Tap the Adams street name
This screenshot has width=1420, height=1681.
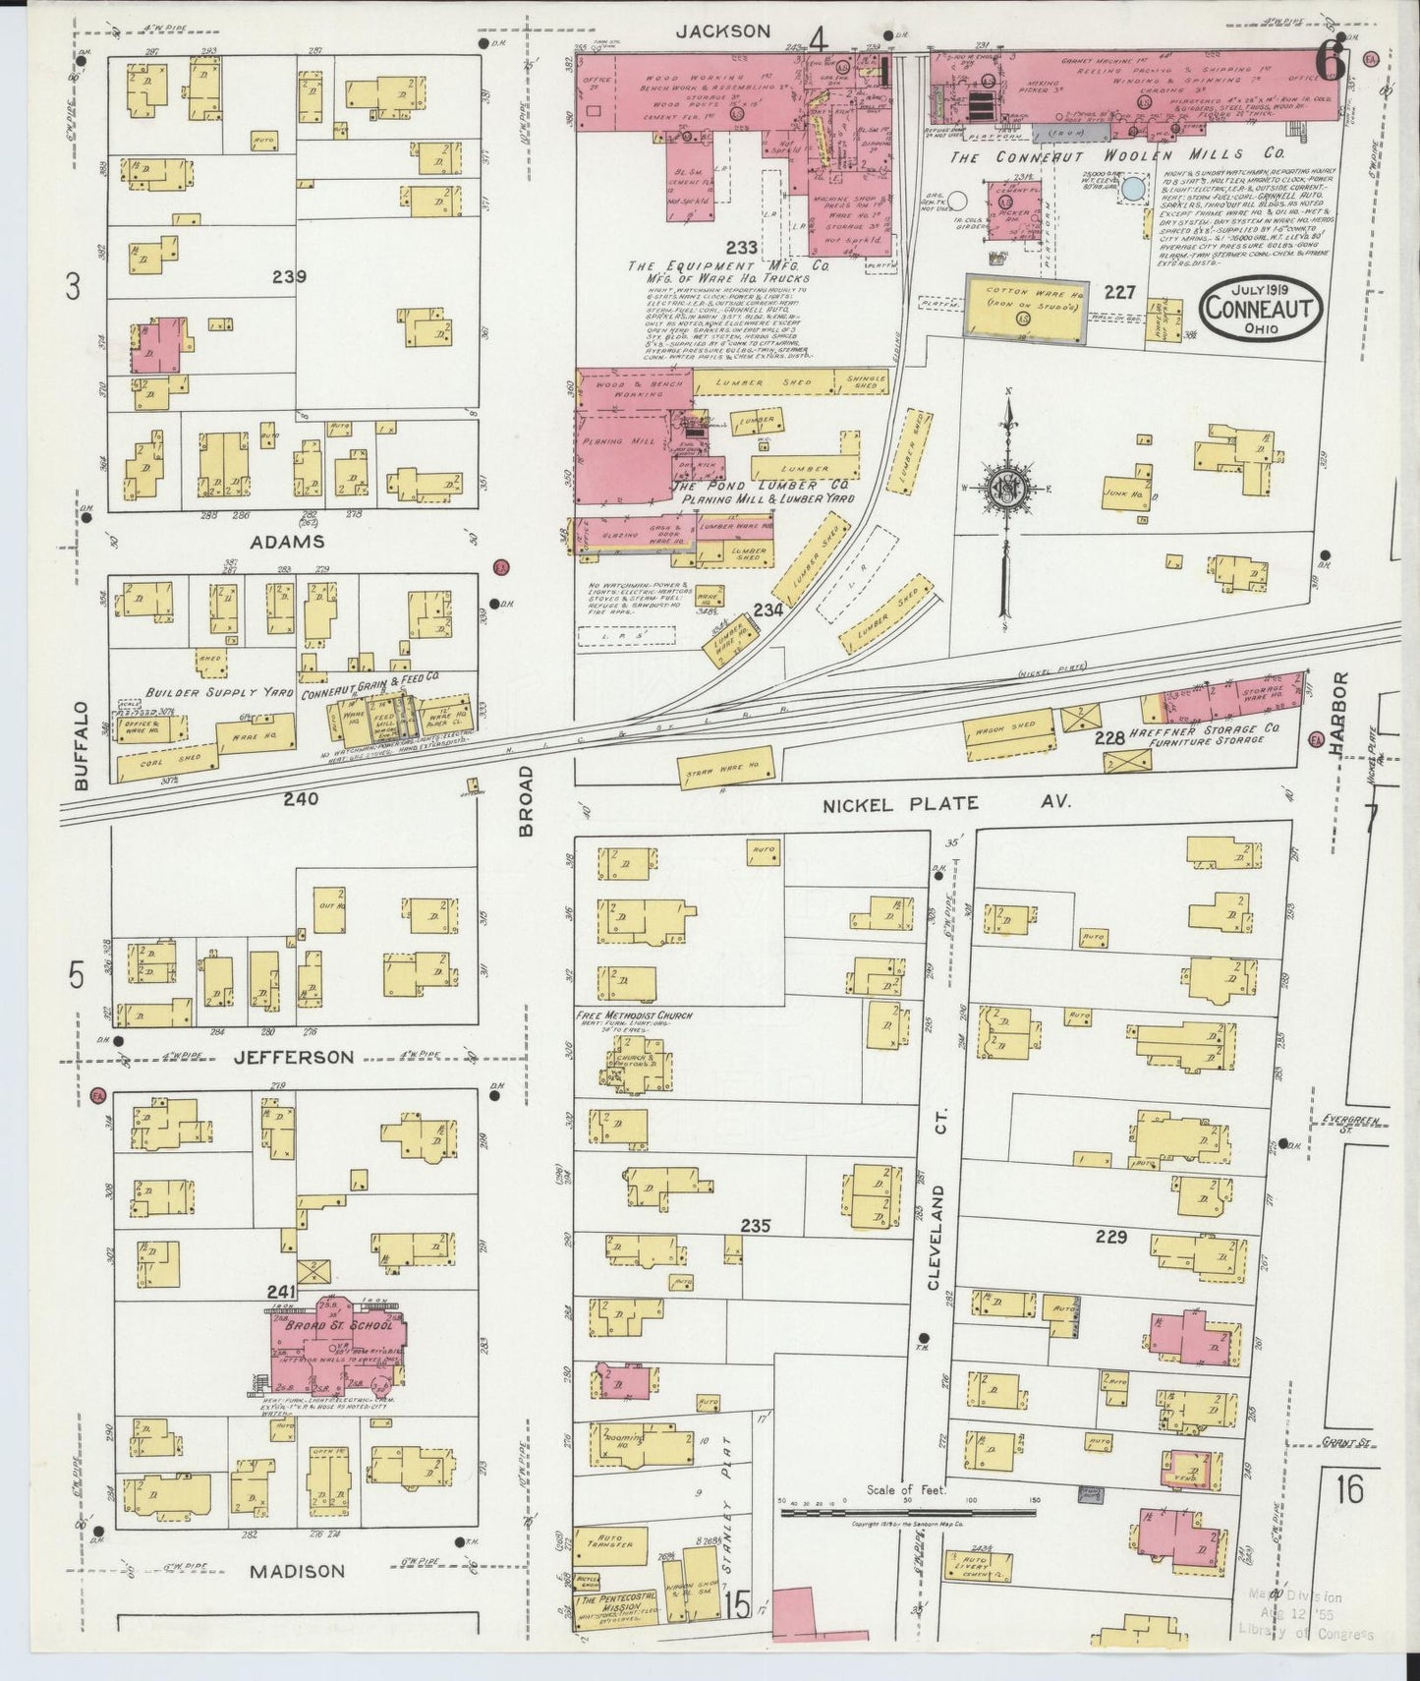tap(286, 542)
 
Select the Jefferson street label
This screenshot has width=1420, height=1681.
tap(293, 1057)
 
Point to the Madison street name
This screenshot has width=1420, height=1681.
tap(297, 1571)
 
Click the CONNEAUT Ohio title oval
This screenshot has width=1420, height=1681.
tap(1260, 309)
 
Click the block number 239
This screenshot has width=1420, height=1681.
tap(289, 277)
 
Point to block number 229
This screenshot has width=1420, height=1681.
tap(1110, 1237)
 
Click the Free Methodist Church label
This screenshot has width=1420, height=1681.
tap(634, 1014)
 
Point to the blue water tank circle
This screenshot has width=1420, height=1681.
tap(1135, 189)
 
